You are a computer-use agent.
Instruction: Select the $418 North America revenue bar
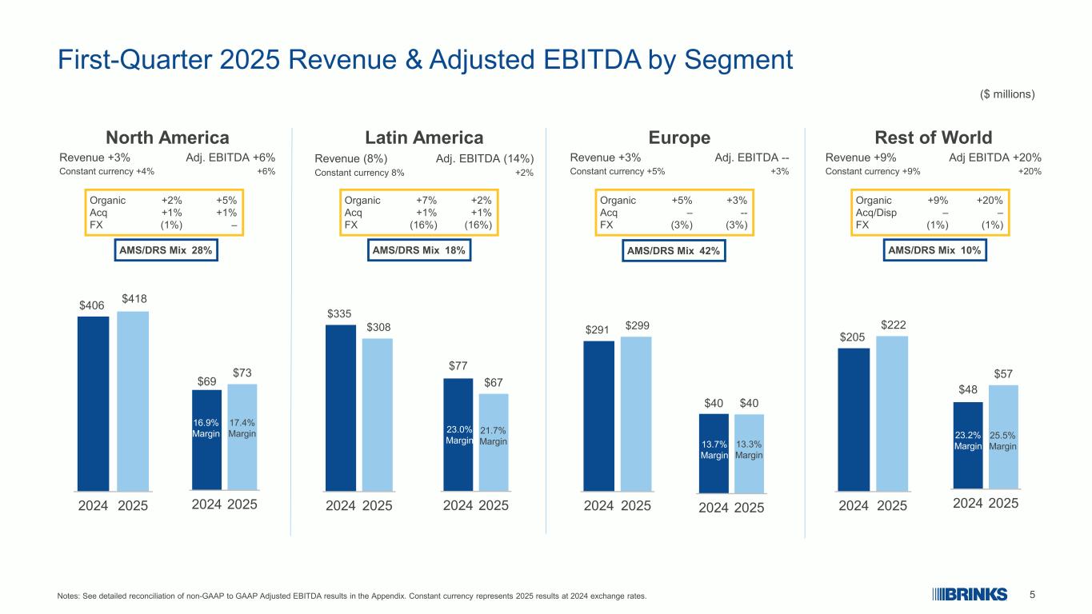pyautogui.click(x=133, y=400)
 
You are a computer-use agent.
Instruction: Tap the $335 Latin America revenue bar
pyautogui.click(x=341, y=407)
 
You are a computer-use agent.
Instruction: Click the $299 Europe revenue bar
pyautogui.click(x=636, y=413)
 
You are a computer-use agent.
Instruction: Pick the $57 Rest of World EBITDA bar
pyautogui.click(x=1003, y=437)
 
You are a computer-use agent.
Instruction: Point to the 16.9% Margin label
pyautogui.click(x=206, y=428)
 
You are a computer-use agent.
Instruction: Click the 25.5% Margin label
pyautogui.click(x=1003, y=441)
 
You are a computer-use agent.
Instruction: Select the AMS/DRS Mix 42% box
pyautogui.click(x=674, y=251)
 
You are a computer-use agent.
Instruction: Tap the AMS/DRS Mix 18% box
pyautogui.click(x=419, y=250)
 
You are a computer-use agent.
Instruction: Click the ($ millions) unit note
pyautogui.click(x=1007, y=94)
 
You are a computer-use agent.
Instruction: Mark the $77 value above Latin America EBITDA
pyautogui.click(x=458, y=366)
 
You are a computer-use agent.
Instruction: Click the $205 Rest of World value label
pyautogui.click(x=852, y=337)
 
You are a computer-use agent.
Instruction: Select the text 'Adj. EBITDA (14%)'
pyautogui.click(x=485, y=158)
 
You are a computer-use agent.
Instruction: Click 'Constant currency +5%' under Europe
pyautogui.click(x=617, y=171)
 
